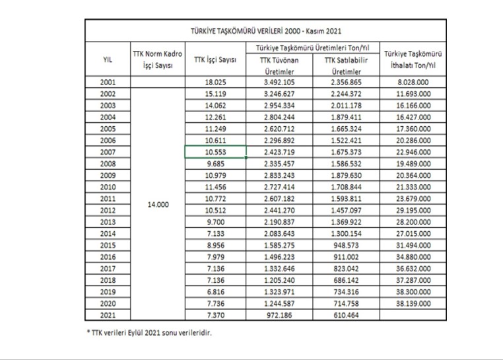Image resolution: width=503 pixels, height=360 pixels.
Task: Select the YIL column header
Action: tap(108, 59)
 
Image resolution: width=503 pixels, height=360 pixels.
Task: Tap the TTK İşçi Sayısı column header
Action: tap(215, 59)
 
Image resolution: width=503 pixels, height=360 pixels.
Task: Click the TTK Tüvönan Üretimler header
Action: tap(279, 66)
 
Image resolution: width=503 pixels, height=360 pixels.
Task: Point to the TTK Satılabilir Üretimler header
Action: tap(346, 66)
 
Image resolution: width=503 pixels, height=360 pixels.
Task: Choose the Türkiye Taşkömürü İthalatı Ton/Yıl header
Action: tap(413, 59)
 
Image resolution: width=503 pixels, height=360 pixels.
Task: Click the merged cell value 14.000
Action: tap(158, 205)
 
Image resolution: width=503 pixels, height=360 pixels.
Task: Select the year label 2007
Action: tap(108, 152)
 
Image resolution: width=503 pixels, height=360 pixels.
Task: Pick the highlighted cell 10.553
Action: tap(216, 152)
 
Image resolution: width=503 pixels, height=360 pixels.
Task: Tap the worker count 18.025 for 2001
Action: tap(216, 82)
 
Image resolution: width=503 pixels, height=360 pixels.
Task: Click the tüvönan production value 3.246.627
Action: tap(279, 94)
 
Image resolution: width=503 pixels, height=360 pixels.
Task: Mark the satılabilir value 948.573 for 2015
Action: tap(346, 245)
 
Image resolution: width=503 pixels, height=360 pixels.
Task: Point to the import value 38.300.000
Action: tap(413, 292)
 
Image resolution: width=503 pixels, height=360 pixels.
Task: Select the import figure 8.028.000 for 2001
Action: tap(413, 82)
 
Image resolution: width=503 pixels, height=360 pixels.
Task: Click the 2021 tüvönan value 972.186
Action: tap(279, 315)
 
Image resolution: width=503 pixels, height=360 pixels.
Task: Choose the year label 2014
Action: tap(108, 234)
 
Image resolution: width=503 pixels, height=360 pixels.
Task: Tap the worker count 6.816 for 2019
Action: tap(216, 292)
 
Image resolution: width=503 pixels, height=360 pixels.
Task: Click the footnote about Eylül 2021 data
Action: tap(149, 333)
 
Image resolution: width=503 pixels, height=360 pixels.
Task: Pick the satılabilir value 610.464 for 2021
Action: tap(346, 315)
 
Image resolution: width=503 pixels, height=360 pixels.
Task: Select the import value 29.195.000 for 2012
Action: tap(413, 210)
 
